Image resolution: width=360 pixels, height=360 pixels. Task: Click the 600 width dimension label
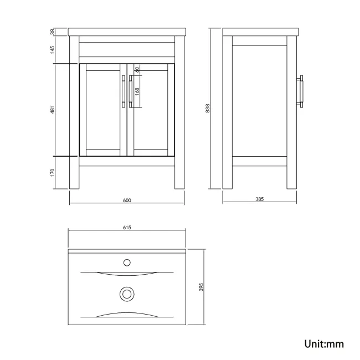pos(127,201)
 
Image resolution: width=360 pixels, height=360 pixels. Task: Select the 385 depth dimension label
pos(259,200)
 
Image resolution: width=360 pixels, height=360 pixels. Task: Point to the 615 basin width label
pos(127,228)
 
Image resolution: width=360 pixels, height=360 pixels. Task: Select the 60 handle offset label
pos(137,70)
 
